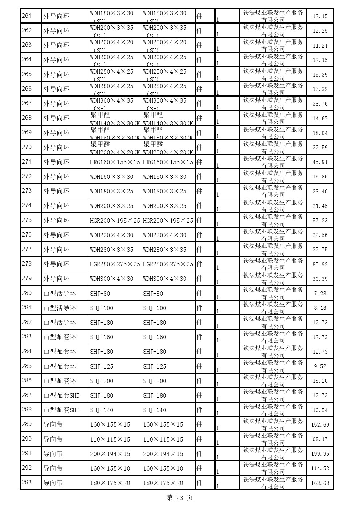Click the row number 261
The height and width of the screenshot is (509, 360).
pyautogui.click(x=27, y=16)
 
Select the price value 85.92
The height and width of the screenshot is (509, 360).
pyautogui.click(x=320, y=264)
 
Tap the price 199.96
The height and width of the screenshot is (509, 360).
pyautogui.click(x=320, y=454)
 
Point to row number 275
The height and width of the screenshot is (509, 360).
pyautogui.click(x=27, y=220)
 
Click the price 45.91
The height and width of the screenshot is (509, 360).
pyautogui.click(x=320, y=162)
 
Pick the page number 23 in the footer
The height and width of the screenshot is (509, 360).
pyautogui.click(x=180, y=498)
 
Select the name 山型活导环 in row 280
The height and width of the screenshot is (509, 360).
pyautogui.click(x=60, y=293)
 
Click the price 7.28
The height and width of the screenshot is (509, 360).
pyautogui.click(x=320, y=293)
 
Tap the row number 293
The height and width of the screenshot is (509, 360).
pyautogui.click(x=27, y=483)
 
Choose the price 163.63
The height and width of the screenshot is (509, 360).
pyautogui.click(x=320, y=483)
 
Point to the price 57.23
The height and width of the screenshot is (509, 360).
pyautogui.click(x=320, y=220)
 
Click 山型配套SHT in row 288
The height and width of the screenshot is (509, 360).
pyautogui.click(x=61, y=410)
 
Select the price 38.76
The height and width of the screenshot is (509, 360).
pyautogui.click(x=320, y=104)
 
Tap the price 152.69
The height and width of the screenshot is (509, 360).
pyautogui.click(x=320, y=424)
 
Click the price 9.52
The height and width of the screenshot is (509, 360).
pyautogui.click(x=320, y=366)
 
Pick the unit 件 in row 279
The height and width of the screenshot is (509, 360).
pyautogui.click(x=199, y=279)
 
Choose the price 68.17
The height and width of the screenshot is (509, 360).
pyautogui.click(x=320, y=439)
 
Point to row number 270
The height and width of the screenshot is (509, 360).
pyautogui.click(x=27, y=147)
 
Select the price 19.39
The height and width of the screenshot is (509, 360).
pyautogui.click(x=320, y=74)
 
